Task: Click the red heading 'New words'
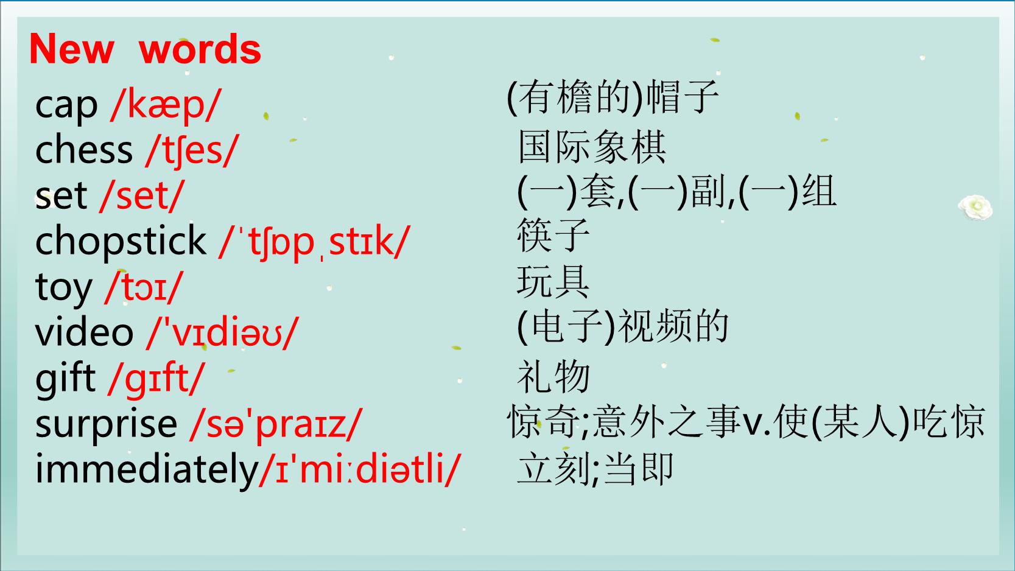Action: (x=145, y=49)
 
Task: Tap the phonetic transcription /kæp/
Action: (x=166, y=106)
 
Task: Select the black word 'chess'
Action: (x=84, y=150)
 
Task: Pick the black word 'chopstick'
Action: (x=121, y=241)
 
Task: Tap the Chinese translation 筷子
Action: (x=553, y=235)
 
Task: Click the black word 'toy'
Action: (x=63, y=288)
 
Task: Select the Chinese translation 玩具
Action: (x=553, y=281)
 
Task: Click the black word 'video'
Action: (x=84, y=332)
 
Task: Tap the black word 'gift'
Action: (x=66, y=379)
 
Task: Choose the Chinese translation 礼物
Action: (x=553, y=377)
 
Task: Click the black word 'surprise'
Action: (x=106, y=425)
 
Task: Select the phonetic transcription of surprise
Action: (x=276, y=424)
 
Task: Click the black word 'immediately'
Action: (x=147, y=469)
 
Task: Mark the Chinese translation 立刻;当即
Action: (x=594, y=469)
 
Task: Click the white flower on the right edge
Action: (x=975, y=207)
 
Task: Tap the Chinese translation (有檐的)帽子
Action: (x=612, y=97)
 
